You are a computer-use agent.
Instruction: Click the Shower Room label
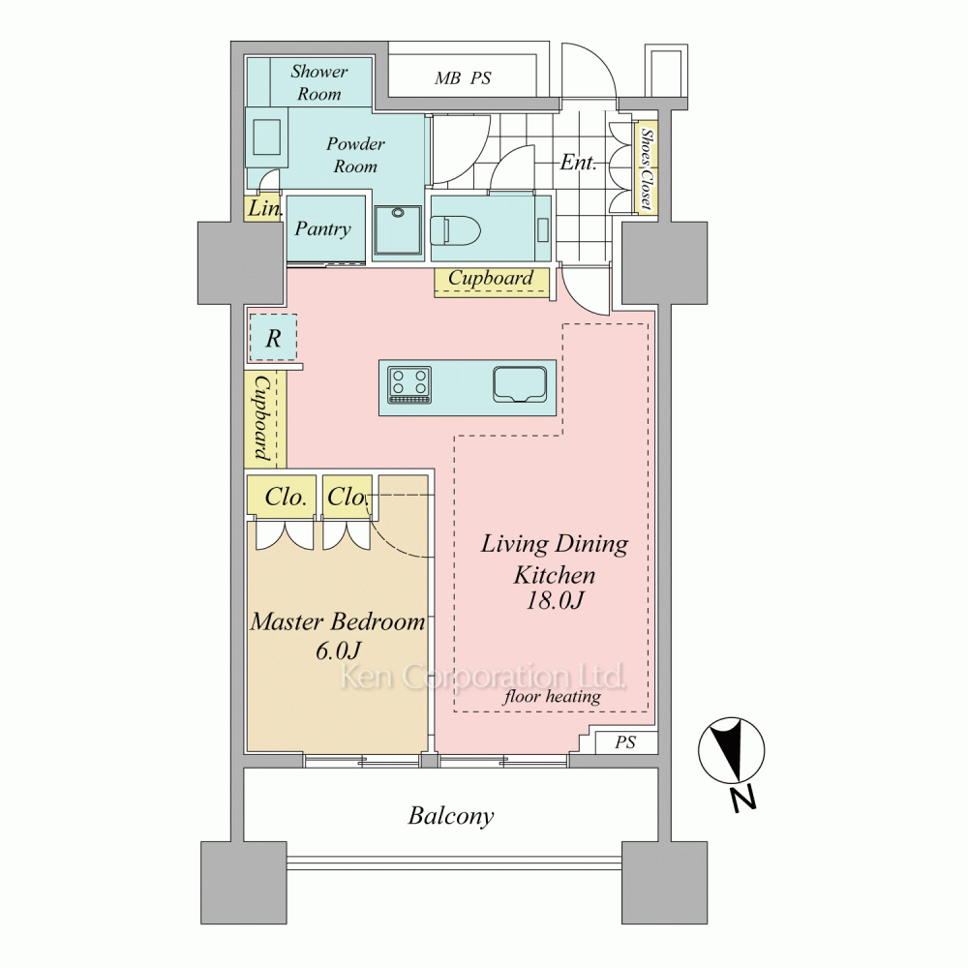tap(319, 82)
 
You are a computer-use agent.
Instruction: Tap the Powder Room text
tap(355, 155)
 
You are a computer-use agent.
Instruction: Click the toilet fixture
tap(456, 229)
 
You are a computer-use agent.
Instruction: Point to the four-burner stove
tap(409, 384)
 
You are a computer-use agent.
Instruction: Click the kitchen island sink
tap(520, 384)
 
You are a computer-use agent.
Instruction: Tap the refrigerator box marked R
tap(274, 338)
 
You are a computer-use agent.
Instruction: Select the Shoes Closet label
tap(646, 167)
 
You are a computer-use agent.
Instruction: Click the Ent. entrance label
tap(579, 163)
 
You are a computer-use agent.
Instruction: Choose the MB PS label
tap(463, 78)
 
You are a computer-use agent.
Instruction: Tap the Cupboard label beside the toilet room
tap(491, 278)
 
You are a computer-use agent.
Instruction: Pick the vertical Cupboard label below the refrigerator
tap(262, 418)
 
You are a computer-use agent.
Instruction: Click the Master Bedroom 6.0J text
tap(338, 635)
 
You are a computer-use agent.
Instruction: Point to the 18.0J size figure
tap(555, 600)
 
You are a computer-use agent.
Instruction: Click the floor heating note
tap(552, 697)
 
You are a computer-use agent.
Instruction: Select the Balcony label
tap(451, 816)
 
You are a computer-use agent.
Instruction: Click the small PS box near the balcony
tap(625, 742)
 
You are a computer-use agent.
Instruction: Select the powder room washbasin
tap(267, 137)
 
